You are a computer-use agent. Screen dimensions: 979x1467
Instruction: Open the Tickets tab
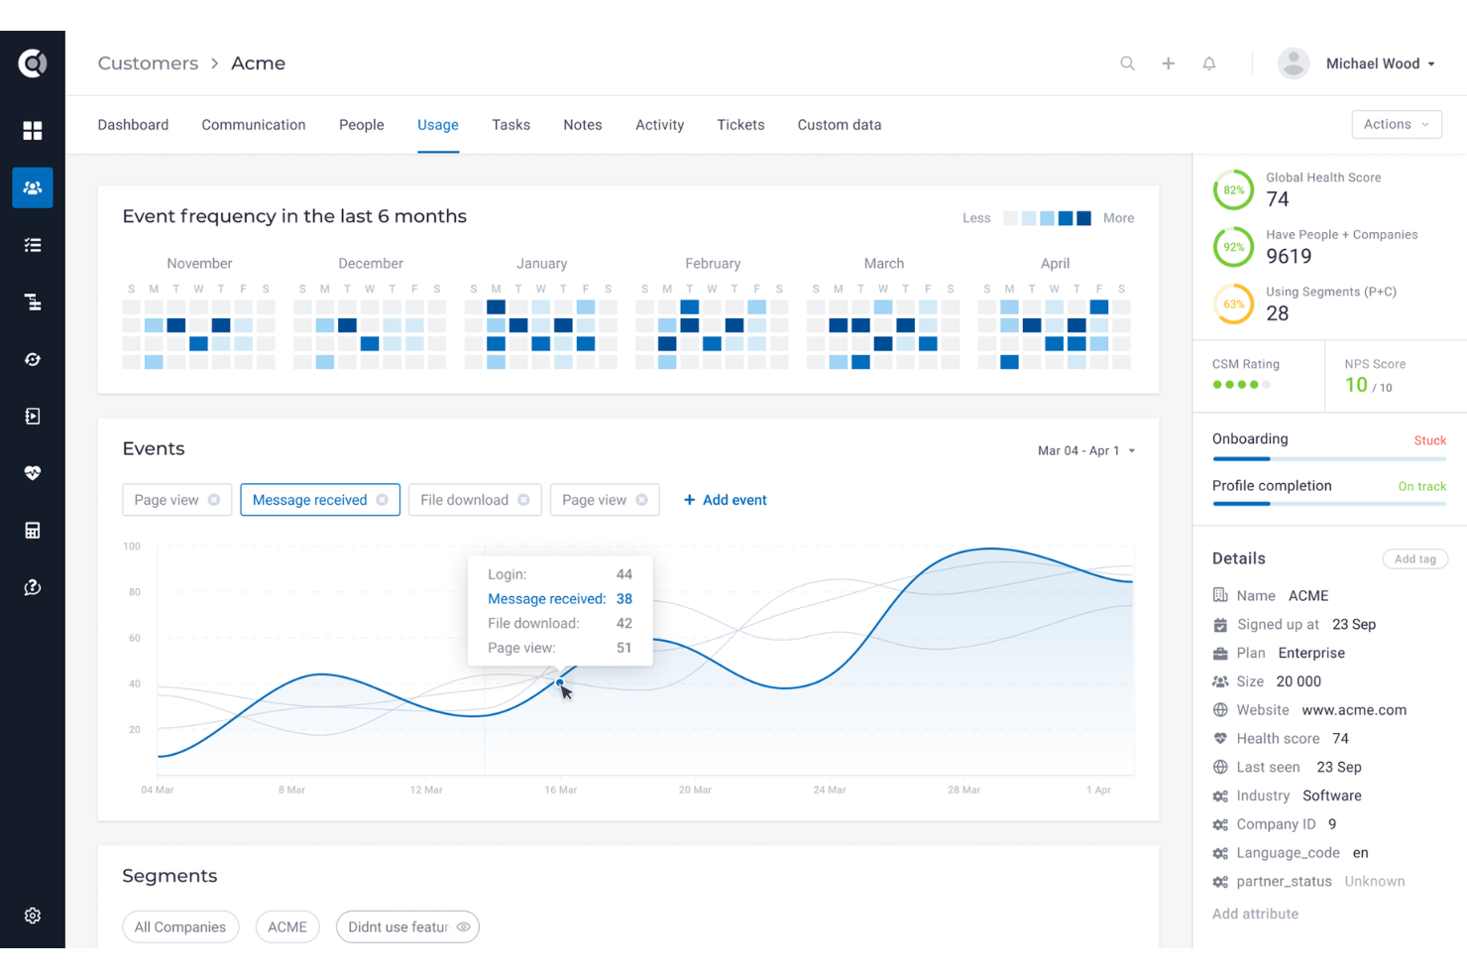click(740, 125)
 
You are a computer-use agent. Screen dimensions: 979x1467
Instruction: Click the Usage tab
click(437, 125)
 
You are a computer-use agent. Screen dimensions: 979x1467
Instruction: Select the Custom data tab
click(839, 125)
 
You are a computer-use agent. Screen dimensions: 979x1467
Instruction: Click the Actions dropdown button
click(1396, 124)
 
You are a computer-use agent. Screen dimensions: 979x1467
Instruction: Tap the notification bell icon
click(1208, 63)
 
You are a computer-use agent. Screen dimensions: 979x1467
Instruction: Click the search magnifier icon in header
click(1127, 63)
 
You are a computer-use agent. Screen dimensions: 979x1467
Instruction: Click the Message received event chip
click(310, 500)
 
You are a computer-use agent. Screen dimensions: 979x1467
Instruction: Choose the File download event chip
click(464, 500)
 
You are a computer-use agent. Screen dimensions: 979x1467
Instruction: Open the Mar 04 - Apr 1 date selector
click(1085, 450)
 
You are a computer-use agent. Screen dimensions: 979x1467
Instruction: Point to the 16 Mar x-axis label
click(560, 790)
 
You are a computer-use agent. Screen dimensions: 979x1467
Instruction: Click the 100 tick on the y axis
click(132, 547)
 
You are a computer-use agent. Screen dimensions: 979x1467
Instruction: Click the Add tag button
click(1414, 559)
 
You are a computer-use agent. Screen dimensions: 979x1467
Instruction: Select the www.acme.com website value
click(1353, 710)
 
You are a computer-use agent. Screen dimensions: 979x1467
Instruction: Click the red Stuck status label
click(1429, 440)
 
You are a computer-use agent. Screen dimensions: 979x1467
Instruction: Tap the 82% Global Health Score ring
click(1233, 190)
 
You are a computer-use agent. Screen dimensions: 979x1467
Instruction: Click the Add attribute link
click(1255, 914)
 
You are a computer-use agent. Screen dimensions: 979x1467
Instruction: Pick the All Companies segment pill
click(180, 926)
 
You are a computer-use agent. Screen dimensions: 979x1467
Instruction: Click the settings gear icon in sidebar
click(33, 916)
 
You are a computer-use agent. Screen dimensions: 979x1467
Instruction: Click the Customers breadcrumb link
click(148, 63)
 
